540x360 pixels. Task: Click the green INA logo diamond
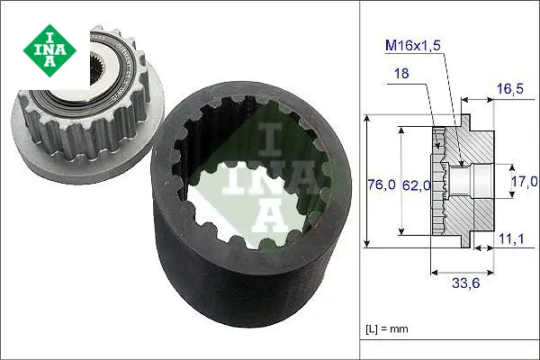(x=49, y=50)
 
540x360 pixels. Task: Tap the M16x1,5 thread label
(x=413, y=45)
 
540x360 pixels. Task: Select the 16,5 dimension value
(x=510, y=89)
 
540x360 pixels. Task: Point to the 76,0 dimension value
(x=382, y=184)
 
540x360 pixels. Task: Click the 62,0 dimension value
(x=417, y=185)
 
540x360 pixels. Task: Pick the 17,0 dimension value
(x=524, y=181)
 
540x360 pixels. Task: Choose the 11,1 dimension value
(x=511, y=238)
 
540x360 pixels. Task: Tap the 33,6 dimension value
(x=465, y=283)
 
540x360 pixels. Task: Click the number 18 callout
(x=400, y=73)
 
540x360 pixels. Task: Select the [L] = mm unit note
(x=387, y=328)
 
